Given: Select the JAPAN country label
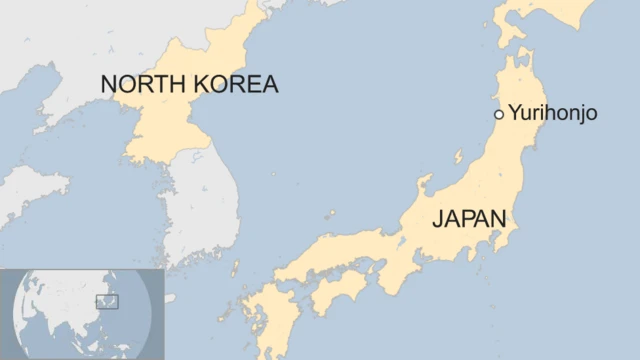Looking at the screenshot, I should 469,219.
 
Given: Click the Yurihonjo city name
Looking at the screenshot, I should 553,113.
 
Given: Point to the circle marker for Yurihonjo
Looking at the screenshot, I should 499,114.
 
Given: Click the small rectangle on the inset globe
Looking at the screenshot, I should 107,300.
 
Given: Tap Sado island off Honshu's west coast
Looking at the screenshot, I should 459,157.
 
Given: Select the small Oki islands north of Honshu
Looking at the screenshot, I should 331,213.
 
